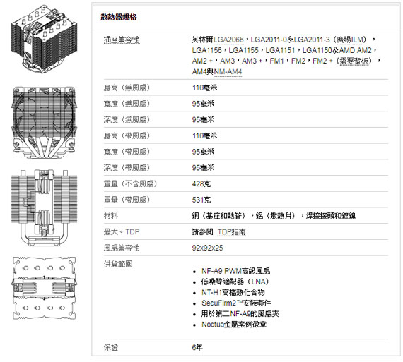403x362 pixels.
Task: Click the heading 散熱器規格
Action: click(119, 17)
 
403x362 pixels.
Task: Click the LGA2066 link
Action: click(228, 40)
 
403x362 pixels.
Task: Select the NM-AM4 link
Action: click(228, 72)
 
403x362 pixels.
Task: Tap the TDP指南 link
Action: click(232, 232)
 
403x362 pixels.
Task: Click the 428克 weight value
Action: click(201, 183)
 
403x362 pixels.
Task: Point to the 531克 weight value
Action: click(201, 200)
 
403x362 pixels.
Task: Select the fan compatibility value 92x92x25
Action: click(207, 248)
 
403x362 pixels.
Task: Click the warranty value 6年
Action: click(197, 347)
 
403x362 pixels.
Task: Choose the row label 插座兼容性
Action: click(122, 40)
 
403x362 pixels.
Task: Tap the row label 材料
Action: click(111, 216)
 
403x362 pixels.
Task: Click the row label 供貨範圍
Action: click(118, 264)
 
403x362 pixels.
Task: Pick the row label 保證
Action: click(111, 347)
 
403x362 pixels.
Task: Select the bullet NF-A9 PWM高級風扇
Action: click(235, 271)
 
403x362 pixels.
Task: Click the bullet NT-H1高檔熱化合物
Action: click(233, 292)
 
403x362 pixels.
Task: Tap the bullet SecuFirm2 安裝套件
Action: click(236, 303)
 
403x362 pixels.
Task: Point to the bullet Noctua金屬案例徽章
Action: click(234, 325)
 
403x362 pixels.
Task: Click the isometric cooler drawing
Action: click(44, 39)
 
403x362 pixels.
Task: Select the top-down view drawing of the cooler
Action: click(45, 288)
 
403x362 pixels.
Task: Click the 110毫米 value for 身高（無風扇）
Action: click(204, 88)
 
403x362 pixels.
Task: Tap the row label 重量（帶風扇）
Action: click(127, 200)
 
